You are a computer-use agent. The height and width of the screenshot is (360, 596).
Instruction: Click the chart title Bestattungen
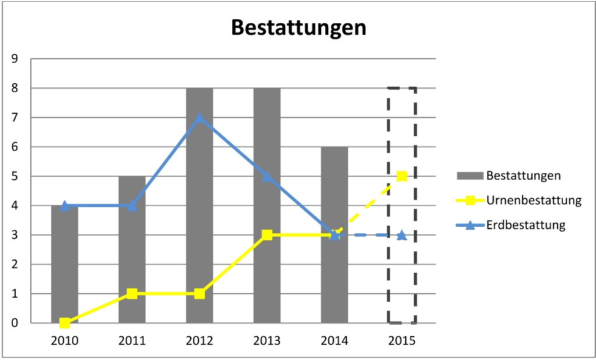coord(299,28)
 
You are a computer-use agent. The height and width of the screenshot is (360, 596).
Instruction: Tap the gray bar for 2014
coord(334,279)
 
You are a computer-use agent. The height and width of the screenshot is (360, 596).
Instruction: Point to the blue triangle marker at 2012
coord(200,117)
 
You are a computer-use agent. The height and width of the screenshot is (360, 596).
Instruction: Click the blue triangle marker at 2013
coord(267,176)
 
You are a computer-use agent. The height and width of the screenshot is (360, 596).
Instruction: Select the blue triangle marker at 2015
coord(402,235)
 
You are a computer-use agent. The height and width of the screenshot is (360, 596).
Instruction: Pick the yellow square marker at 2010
coord(65,323)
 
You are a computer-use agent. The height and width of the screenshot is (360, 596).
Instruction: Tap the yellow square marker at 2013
coord(267,235)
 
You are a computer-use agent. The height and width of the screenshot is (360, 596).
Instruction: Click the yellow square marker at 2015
coord(402,176)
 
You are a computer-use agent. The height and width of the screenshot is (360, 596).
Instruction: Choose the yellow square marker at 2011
coord(132,294)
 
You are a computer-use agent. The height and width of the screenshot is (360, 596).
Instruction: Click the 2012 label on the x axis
coord(200,341)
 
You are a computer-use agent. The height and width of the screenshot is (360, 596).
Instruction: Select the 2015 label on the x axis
coord(402,341)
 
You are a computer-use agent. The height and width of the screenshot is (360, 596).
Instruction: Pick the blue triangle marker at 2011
coord(132,205)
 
